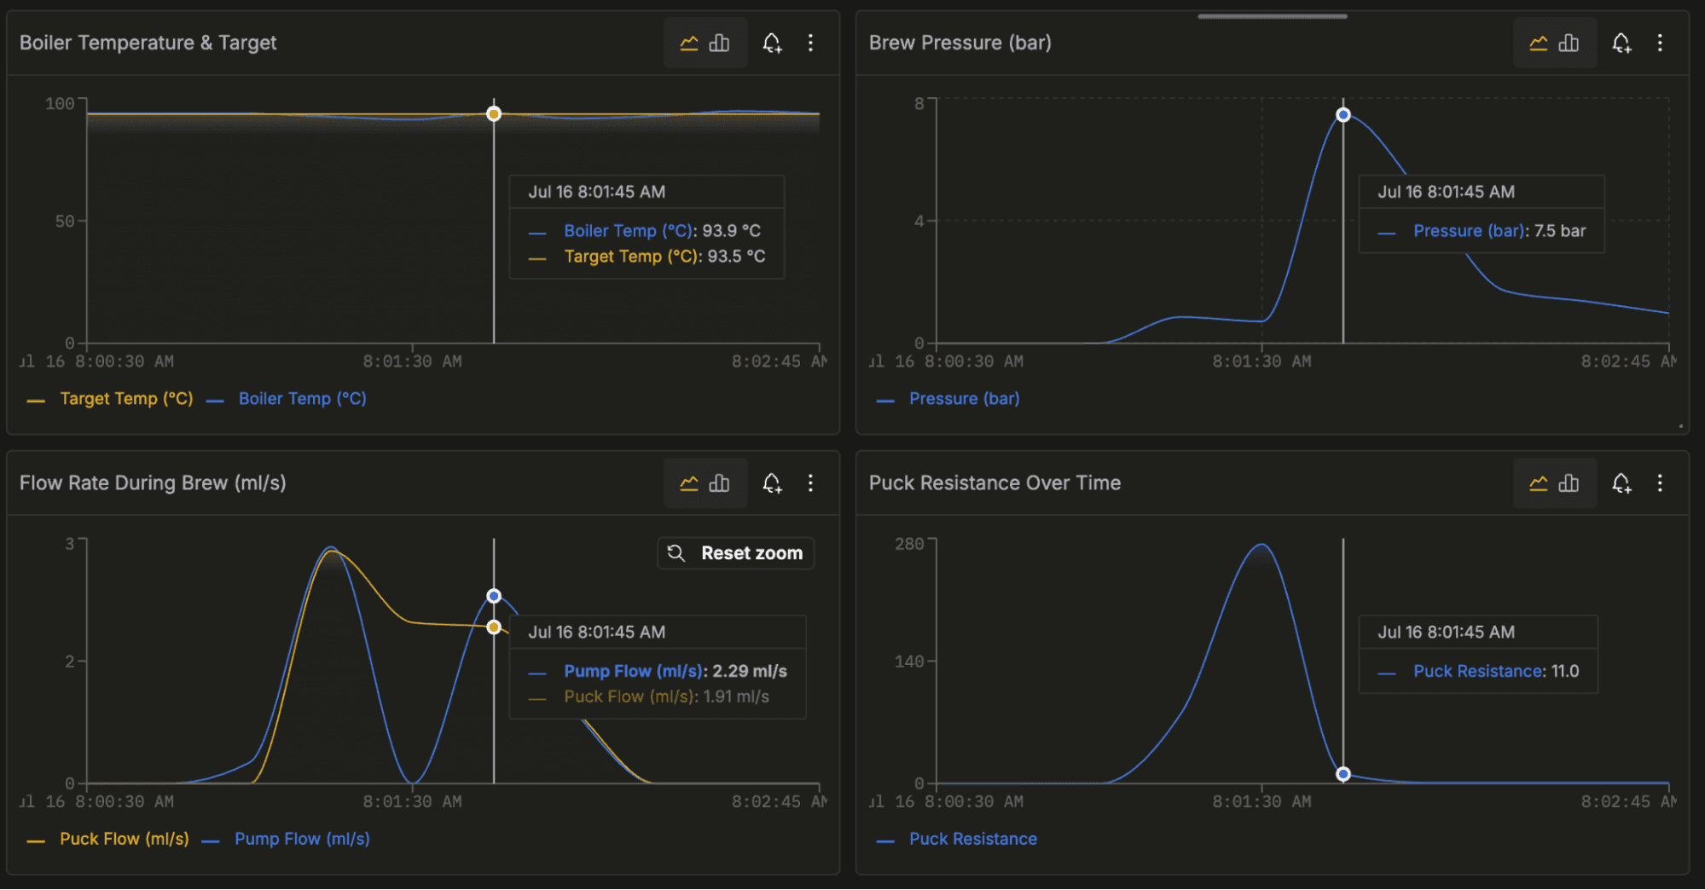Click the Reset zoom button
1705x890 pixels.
pyautogui.click(x=735, y=553)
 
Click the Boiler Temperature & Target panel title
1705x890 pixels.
pyautogui.click(x=148, y=43)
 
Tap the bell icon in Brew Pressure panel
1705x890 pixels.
pyautogui.click(x=1621, y=43)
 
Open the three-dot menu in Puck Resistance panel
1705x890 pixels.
pyautogui.click(x=1660, y=483)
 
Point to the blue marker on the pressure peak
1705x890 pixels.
pyautogui.click(x=1343, y=115)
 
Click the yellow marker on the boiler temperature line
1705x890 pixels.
pyautogui.click(x=494, y=114)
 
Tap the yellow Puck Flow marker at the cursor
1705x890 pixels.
pyautogui.click(x=494, y=627)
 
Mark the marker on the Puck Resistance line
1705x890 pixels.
pyautogui.click(x=1343, y=774)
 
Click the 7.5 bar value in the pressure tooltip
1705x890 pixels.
pyautogui.click(x=1560, y=231)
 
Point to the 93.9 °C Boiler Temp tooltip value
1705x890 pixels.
pyautogui.click(x=731, y=231)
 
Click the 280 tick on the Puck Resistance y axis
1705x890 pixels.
pyautogui.click(x=909, y=544)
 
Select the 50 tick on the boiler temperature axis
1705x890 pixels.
pyautogui.click(x=65, y=222)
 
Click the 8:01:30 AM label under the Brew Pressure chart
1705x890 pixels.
pyautogui.click(x=1261, y=361)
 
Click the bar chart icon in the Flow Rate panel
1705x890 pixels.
pyautogui.click(x=720, y=483)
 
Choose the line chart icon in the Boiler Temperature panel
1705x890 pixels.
pyautogui.click(x=689, y=43)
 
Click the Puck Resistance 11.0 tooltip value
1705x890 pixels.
pyautogui.click(x=1565, y=672)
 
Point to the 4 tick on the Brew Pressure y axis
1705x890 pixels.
pyautogui.click(x=919, y=222)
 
